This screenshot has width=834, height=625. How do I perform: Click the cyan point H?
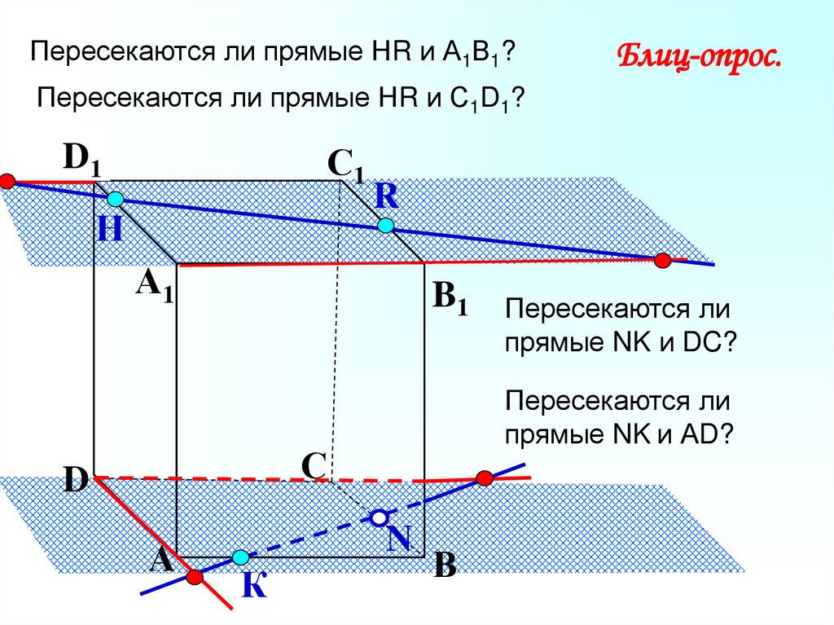coord(115,199)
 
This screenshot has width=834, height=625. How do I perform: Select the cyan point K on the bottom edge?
coord(240,557)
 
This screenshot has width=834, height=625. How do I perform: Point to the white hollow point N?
coord(379,517)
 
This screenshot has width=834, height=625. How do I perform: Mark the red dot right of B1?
coord(662,261)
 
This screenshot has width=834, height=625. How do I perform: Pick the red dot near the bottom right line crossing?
coord(485,477)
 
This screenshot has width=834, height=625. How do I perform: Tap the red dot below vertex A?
coord(194,577)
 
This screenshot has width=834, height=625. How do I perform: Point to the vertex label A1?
coord(155,286)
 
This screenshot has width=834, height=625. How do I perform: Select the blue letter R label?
coord(386,196)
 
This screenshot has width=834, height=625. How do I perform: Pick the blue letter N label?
coord(398,538)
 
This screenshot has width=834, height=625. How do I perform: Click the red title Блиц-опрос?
coord(699,60)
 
